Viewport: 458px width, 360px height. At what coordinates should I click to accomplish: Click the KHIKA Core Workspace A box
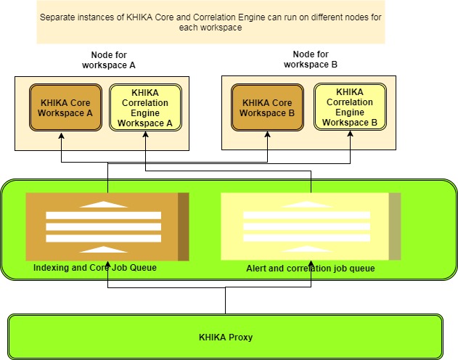65,107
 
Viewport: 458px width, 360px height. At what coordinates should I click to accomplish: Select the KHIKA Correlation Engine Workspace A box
145,107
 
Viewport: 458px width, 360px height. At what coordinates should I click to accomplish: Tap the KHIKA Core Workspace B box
267,107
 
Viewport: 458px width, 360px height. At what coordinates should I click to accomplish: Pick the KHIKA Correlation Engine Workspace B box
351,107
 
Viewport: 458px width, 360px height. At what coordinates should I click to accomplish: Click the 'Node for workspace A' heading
109,60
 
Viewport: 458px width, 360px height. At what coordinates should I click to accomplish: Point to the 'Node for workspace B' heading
311,60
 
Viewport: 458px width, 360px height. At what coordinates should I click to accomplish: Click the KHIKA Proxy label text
226,337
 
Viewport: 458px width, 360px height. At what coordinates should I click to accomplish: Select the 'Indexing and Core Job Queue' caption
95,267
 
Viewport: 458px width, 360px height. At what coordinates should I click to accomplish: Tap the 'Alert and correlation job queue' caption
311,269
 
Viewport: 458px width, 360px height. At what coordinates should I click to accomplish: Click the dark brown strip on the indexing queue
184,226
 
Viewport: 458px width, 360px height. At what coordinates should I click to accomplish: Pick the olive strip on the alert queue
395,226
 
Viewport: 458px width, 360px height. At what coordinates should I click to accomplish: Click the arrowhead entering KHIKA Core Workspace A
62,136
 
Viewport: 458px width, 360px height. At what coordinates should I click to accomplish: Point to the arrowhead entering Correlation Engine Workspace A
145,134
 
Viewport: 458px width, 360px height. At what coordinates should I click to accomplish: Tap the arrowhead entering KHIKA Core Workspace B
268,134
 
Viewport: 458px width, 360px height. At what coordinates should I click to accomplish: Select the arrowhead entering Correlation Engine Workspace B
351,134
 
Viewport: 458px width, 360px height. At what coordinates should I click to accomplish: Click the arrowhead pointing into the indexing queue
107,264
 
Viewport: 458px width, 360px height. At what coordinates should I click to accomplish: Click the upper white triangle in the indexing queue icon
103,205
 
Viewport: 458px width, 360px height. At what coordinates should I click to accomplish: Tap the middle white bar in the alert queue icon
307,226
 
